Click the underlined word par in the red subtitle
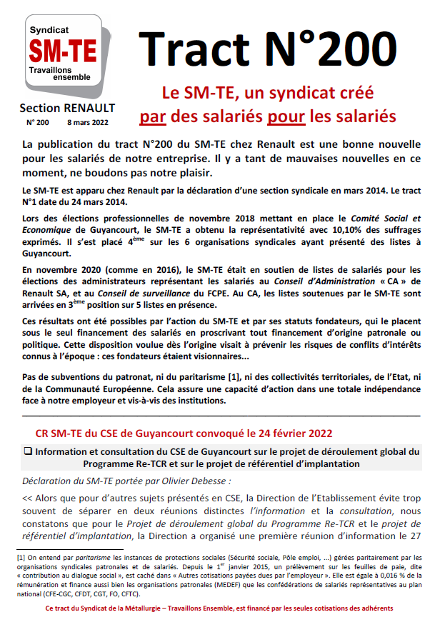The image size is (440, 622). pos(152,114)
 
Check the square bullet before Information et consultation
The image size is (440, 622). pos(28,451)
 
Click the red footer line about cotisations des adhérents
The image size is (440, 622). pos(219,608)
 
